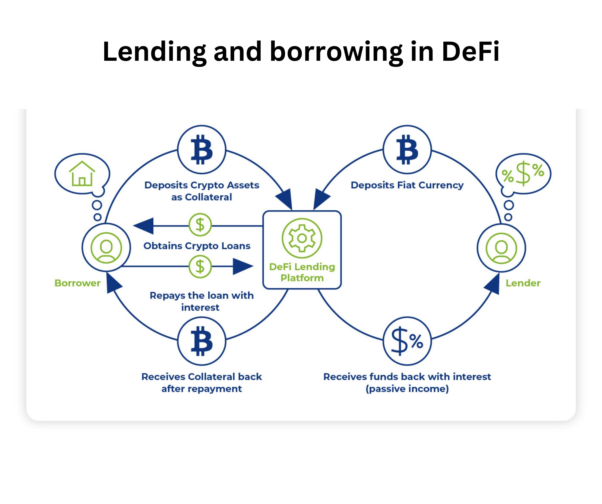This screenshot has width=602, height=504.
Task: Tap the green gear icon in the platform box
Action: point(302,238)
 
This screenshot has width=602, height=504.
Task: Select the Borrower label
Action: point(77,283)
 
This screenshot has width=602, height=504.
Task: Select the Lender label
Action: point(523,283)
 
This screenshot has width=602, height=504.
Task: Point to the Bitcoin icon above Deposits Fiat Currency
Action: point(407,149)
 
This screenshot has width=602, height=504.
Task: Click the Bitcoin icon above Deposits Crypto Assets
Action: point(202,149)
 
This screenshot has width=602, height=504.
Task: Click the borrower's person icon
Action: point(106,248)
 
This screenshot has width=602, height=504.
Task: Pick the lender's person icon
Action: point(501,248)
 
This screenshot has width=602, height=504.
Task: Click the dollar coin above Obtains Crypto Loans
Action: point(200,224)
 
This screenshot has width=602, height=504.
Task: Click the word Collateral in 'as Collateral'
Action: point(208,197)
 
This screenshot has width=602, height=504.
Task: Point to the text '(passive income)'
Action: point(407,389)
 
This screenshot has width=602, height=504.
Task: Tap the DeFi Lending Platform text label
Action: point(302,272)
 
